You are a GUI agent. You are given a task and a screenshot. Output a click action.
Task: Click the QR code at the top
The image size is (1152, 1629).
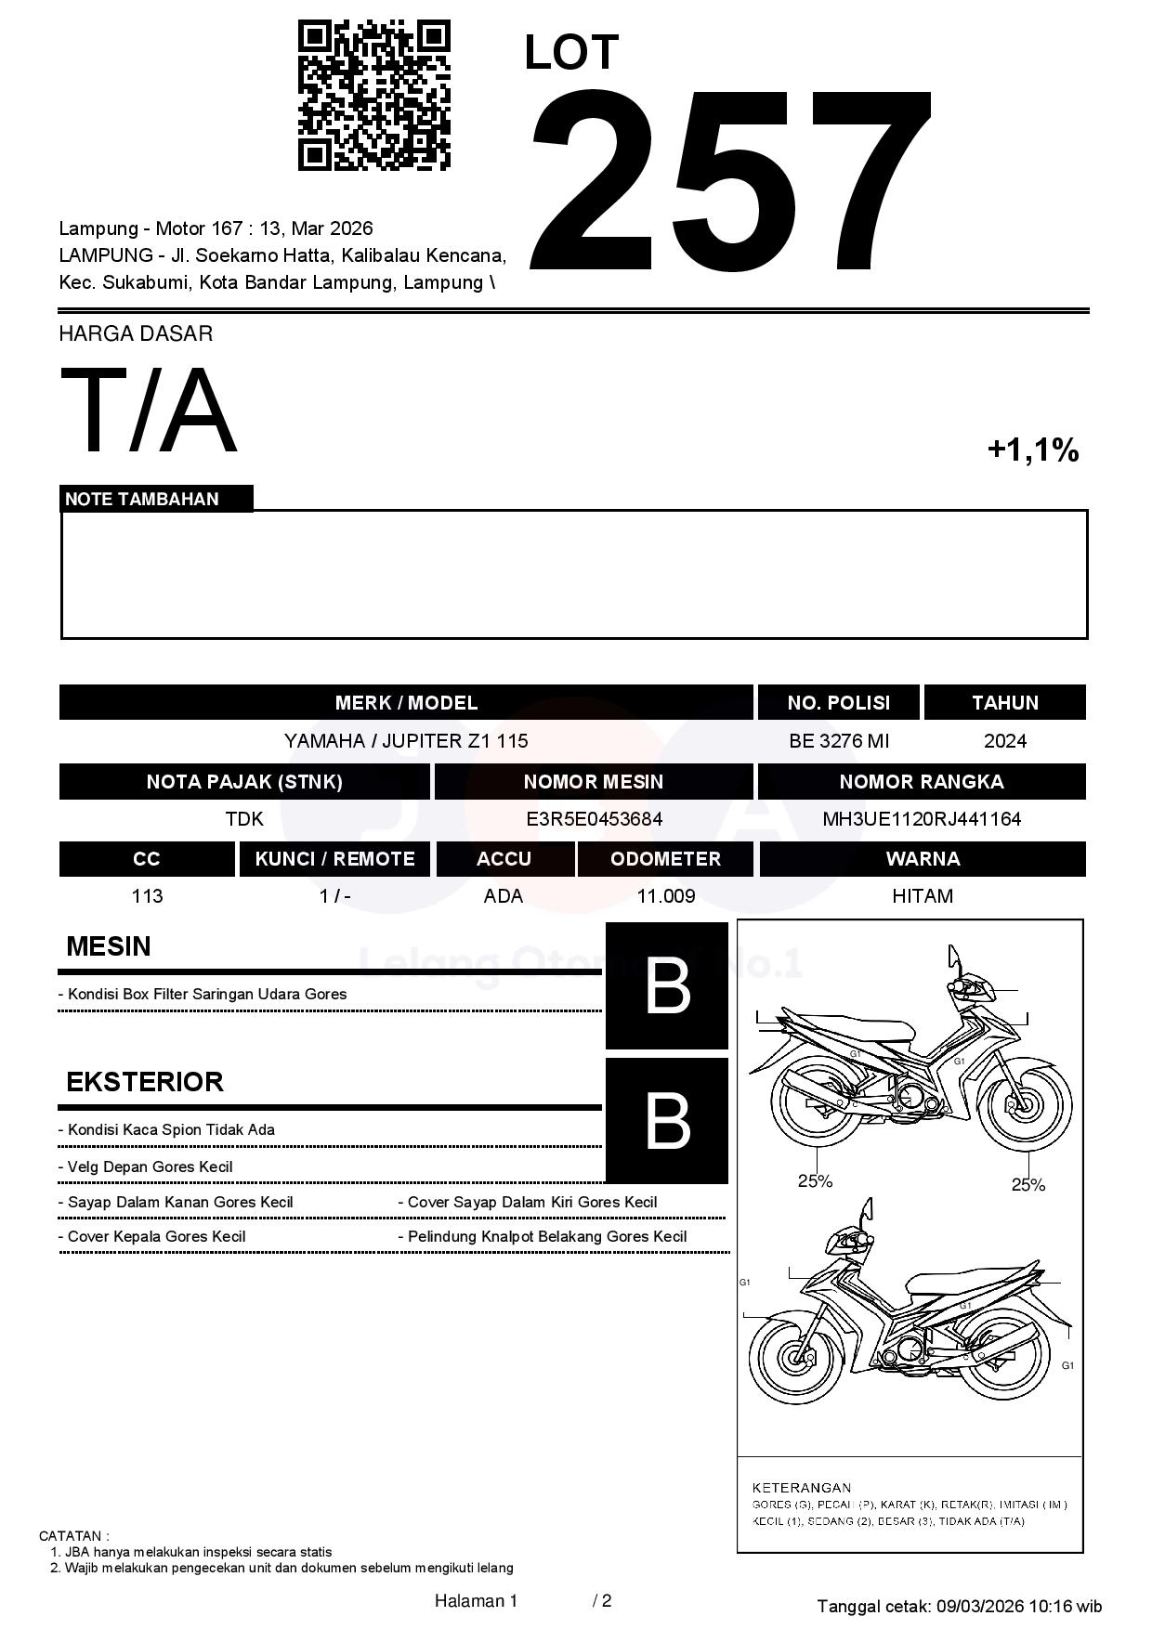[373, 96]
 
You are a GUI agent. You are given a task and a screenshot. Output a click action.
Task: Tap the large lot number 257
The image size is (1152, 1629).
[730, 183]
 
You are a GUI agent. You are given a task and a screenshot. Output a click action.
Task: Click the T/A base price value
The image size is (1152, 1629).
[149, 411]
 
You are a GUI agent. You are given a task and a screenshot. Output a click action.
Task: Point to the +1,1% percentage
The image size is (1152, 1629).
[1032, 450]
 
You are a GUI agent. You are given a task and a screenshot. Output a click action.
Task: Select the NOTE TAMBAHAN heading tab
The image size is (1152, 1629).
[142, 499]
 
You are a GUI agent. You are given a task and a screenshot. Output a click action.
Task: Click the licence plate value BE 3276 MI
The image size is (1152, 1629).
[838, 741]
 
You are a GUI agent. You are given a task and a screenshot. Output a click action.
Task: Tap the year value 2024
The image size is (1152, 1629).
[1004, 741]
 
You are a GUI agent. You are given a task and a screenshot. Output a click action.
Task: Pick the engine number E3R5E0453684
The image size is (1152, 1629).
[594, 819]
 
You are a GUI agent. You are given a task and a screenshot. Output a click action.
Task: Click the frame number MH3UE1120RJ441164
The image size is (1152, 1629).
[922, 819]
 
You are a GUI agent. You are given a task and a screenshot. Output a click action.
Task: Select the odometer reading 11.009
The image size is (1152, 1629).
[665, 896]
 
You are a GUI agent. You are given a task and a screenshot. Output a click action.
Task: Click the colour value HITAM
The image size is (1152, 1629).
[922, 896]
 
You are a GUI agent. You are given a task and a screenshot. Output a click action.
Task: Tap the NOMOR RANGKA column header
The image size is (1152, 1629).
[922, 782]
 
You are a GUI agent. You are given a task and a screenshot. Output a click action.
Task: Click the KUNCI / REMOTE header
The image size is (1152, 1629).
[334, 859]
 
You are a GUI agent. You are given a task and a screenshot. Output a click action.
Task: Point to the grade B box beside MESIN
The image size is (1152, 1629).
[667, 985]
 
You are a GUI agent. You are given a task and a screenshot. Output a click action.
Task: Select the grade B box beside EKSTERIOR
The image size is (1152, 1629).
[667, 1121]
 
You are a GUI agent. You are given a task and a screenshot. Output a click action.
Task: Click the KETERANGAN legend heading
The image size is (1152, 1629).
[801, 1487]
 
